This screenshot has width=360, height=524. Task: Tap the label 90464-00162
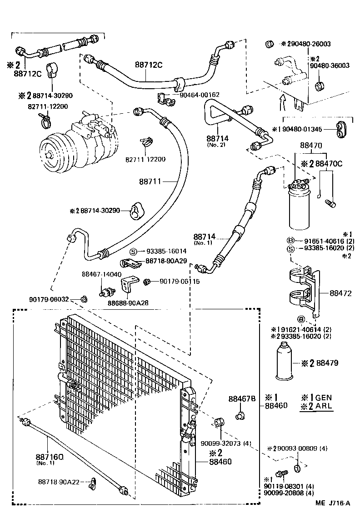[x=200, y=95]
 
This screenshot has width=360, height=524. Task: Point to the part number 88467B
[x=242, y=399]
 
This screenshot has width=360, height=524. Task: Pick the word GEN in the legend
[x=324, y=396]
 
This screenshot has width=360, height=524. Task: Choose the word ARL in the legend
[x=324, y=406]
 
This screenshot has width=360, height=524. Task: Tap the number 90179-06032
[x=49, y=299]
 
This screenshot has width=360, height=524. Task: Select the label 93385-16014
[x=166, y=251]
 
